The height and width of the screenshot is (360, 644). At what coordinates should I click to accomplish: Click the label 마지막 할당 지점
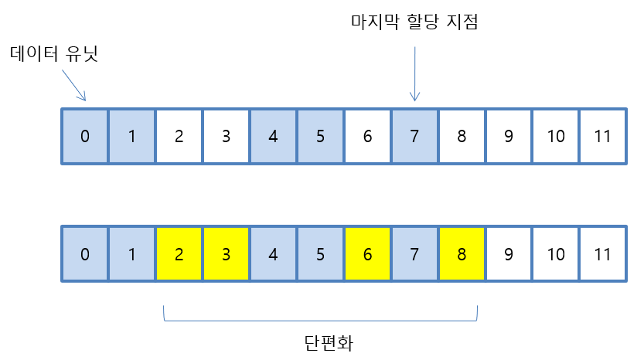click(414, 22)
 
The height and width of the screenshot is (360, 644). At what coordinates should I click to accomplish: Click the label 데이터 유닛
click(54, 55)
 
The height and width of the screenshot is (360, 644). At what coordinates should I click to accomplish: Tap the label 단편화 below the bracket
click(321, 341)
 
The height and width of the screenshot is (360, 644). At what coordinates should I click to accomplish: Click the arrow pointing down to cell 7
click(415, 73)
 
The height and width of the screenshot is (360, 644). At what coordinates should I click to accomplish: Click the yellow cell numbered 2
click(179, 253)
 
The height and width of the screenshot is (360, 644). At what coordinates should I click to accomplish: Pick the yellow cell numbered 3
click(226, 253)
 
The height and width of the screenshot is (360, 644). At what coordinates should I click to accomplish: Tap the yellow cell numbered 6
click(367, 253)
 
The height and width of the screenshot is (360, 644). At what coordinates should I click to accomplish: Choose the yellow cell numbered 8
click(462, 253)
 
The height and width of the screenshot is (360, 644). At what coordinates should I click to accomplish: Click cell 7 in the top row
click(414, 137)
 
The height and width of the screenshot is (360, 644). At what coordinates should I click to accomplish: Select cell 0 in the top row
click(84, 137)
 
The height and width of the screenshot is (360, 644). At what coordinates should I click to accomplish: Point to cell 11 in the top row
click(603, 137)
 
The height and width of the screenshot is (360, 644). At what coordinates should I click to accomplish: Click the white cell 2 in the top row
click(179, 137)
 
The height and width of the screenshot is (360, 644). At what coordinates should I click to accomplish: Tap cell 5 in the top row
click(320, 137)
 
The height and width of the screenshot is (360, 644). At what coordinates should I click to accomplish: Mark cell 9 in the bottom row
click(509, 253)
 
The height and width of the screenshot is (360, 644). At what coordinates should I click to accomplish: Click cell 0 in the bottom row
click(84, 253)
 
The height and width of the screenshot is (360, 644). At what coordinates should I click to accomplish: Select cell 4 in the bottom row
click(273, 253)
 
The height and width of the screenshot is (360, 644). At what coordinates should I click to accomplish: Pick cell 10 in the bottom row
click(556, 253)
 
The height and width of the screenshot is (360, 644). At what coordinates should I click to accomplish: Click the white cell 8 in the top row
click(462, 137)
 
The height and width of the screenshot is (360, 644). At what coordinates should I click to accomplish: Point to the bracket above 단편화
click(321, 318)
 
